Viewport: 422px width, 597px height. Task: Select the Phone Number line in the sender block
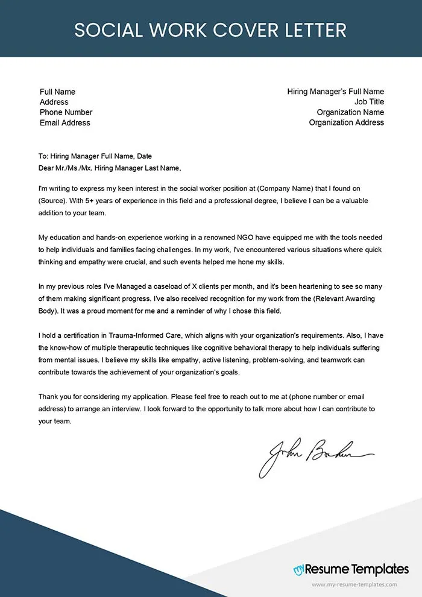click(x=66, y=112)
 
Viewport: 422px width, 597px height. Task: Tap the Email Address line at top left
click(x=65, y=122)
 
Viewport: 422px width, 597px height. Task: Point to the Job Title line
click(x=369, y=102)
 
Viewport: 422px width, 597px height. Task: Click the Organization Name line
click(x=350, y=112)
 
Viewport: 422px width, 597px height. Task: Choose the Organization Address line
click(x=346, y=122)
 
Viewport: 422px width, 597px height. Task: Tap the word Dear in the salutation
click(x=46, y=168)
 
